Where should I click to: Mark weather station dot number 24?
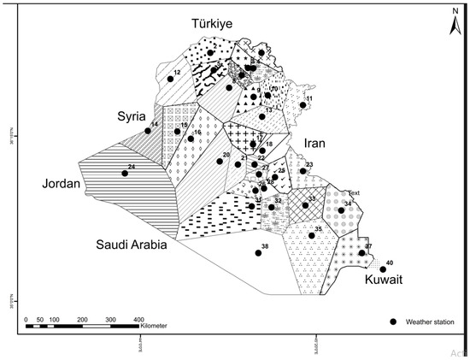coord(125,174)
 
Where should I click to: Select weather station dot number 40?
coord(383,269)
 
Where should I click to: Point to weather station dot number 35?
coord(311,235)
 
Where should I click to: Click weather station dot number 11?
coord(303,105)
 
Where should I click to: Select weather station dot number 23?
coord(303,171)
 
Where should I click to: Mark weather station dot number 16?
coord(191,139)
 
